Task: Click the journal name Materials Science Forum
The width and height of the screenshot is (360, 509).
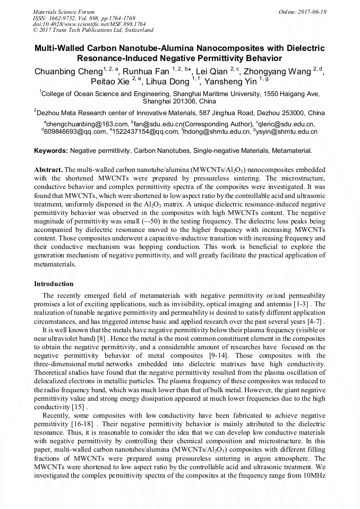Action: click(64, 12)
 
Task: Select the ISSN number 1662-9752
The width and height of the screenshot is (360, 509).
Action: click(63, 18)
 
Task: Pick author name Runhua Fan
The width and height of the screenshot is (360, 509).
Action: click(149, 72)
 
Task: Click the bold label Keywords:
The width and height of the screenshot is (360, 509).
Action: click(51, 151)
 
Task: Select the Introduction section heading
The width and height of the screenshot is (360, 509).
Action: click(54, 284)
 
